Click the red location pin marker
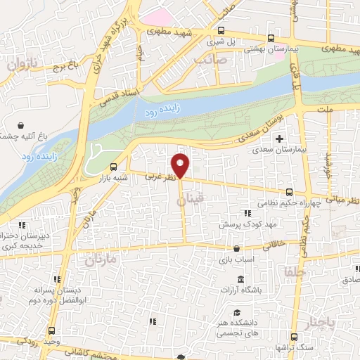click(181, 165)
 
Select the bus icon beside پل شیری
click(221, 30)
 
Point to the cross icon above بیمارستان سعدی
click(281, 139)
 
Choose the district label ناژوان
click(22, 66)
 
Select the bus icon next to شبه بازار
click(114, 167)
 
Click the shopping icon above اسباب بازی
click(236, 248)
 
